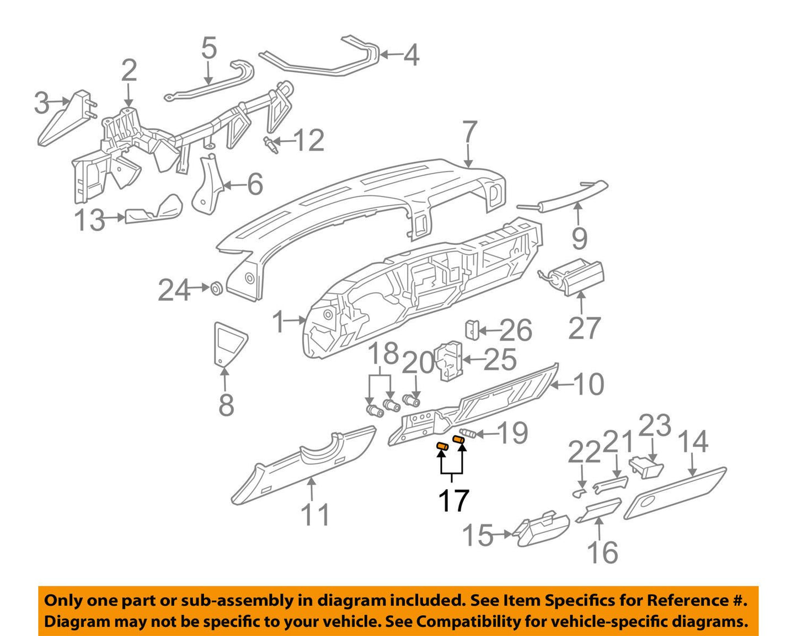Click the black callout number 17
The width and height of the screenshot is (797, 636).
click(x=453, y=500)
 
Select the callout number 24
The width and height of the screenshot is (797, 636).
click(x=174, y=290)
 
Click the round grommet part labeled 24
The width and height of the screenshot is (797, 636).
click(x=217, y=288)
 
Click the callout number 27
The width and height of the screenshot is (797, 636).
click(x=584, y=328)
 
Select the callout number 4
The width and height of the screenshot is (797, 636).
click(x=411, y=55)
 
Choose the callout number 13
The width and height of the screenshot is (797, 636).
click(x=90, y=221)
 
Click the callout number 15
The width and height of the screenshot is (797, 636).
click(x=478, y=536)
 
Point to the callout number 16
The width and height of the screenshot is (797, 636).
click(x=602, y=552)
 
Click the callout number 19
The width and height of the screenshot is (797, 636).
click(x=513, y=433)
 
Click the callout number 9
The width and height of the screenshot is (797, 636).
click(x=579, y=238)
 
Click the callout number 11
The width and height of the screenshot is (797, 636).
click(x=315, y=515)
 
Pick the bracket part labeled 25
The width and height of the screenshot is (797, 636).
click(x=448, y=361)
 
